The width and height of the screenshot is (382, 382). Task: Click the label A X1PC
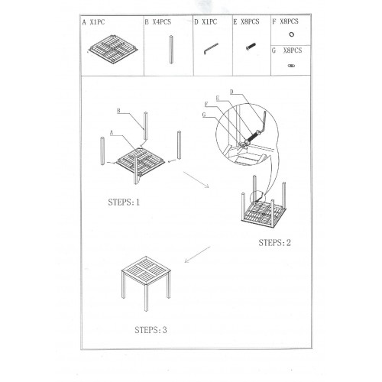point(93,22)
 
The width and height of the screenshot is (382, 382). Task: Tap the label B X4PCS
point(158,22)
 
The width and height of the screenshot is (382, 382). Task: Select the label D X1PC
point(206,22)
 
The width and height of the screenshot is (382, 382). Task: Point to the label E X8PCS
point(246,22)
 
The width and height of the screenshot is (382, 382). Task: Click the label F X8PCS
point(285,21)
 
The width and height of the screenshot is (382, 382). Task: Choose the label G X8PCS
point(286,50)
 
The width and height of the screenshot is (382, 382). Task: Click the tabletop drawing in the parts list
point(113,50)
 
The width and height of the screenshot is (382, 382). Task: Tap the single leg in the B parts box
point(171,50)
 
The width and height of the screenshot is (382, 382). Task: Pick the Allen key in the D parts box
point(211,48)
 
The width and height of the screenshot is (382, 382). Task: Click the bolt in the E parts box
point(251,47)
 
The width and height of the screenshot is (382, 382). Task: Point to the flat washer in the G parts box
point(291,66)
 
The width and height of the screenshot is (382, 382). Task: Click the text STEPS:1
point(124,202)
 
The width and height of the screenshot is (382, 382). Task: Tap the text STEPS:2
point(274,243)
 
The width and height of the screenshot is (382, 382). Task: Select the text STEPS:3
point(151,330)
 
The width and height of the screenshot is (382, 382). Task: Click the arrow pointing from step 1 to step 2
point(196,180)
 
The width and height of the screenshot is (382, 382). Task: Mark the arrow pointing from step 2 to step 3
point(197,254)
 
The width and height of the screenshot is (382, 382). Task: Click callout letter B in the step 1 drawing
point(118,111)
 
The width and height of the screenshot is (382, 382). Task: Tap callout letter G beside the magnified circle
point(204,115)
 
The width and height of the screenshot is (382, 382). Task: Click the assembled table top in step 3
point(146,270)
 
